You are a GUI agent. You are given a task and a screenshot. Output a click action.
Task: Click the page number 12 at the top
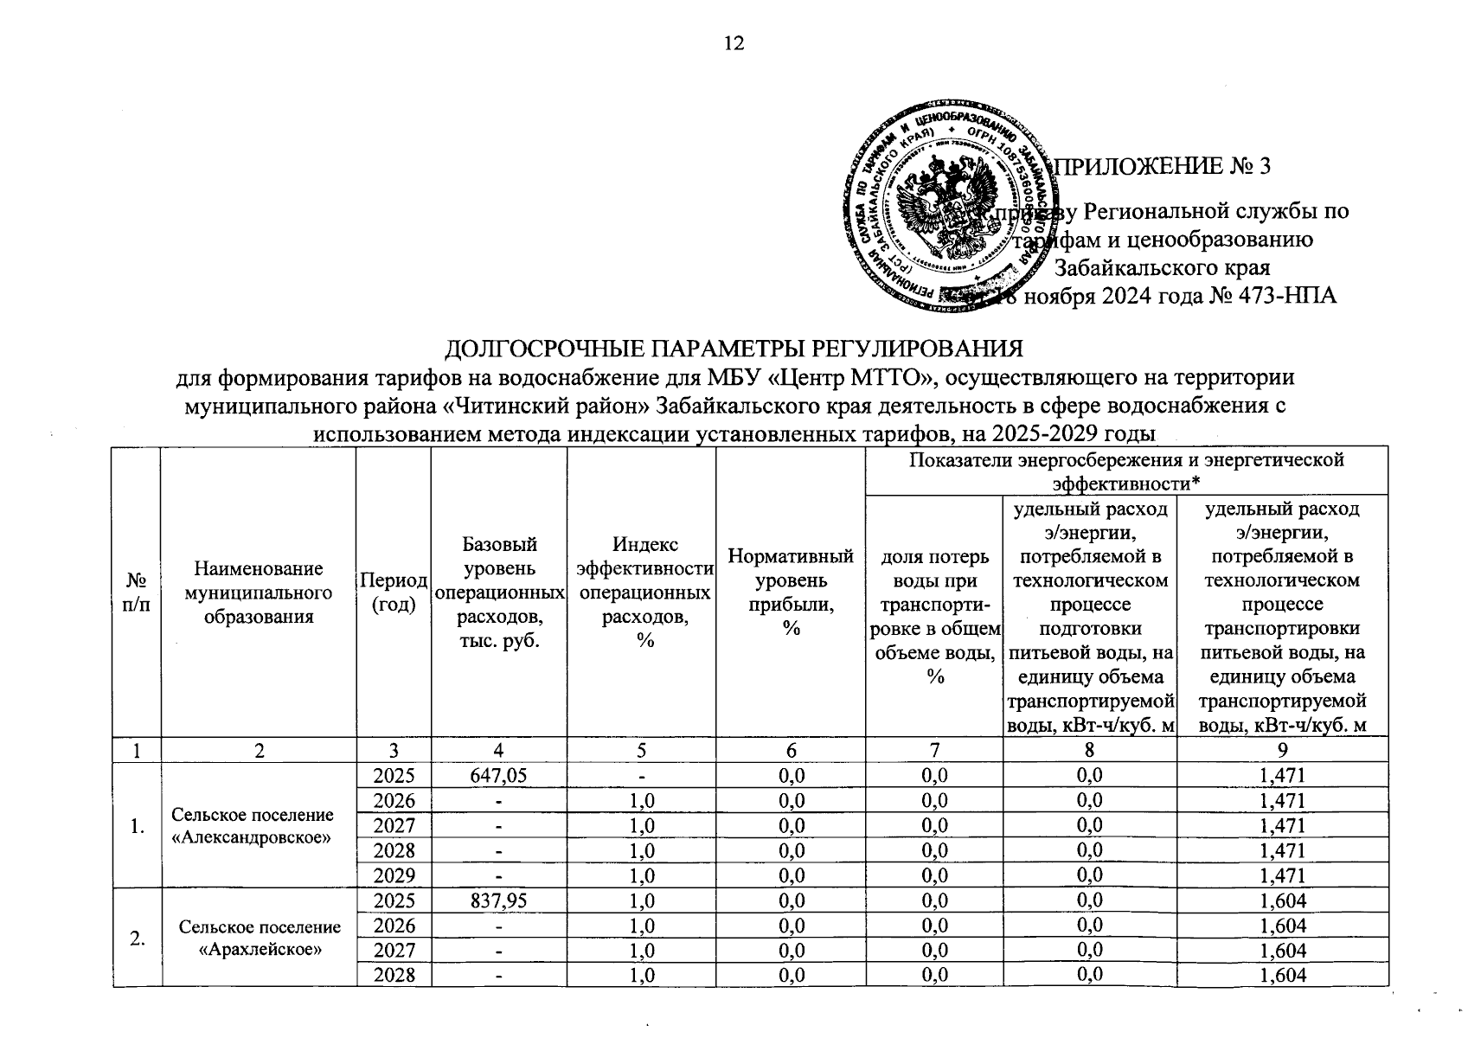click(x=734, y=43)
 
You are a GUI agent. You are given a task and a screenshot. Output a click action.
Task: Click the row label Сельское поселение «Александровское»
click(x=253, y=826)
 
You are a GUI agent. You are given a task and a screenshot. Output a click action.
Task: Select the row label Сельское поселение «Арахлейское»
click(x=260, y=939)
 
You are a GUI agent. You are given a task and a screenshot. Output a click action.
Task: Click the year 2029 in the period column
click(x=394, y=875)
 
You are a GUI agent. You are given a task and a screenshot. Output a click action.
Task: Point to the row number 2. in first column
click(x=137, y=939)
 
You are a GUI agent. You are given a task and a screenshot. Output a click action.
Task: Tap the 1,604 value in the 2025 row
click(x=1282, y=900)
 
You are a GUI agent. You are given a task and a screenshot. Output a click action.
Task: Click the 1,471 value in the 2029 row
click(x=1282, y=875)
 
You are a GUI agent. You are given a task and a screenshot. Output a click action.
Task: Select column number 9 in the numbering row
click(x=1282, y=749)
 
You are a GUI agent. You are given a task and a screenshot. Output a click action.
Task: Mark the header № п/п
click(x=137, y=592)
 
